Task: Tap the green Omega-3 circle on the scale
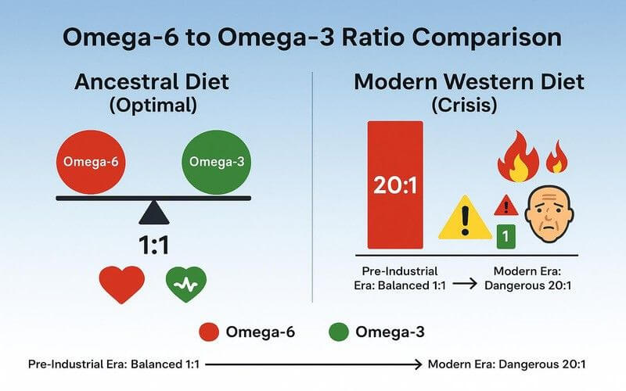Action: coord(212,162)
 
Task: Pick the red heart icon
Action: coord(121,285)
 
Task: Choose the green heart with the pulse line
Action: coord(185,285)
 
